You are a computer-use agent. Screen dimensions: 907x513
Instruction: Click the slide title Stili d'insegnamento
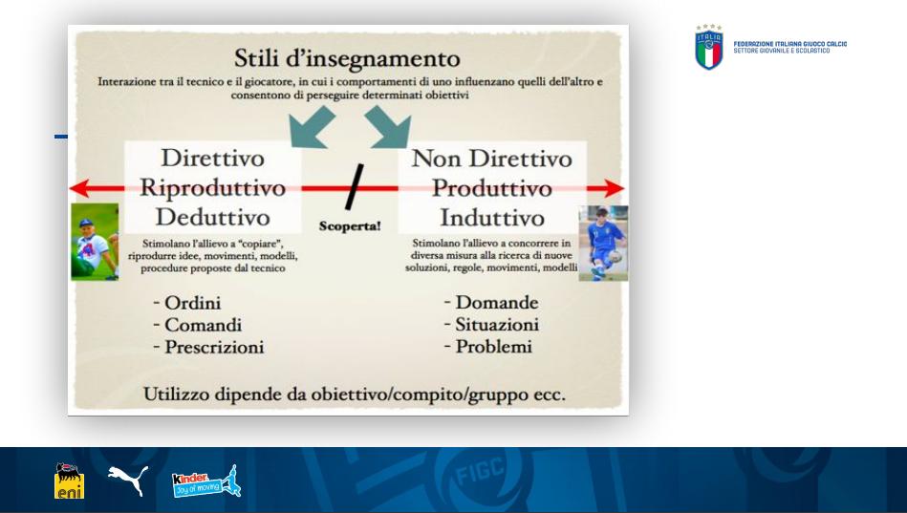coord(347,58)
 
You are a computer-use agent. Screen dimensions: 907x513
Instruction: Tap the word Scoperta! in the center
coord(350,225)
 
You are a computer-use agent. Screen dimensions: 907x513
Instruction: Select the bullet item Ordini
coord(193,303)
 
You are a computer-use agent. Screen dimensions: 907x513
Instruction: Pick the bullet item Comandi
coord(203,325)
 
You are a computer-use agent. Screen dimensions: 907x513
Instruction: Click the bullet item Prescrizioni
coord(214,347)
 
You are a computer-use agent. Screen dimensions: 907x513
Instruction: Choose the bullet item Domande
coord(497,302)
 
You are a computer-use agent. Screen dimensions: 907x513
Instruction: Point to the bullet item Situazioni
coord(497,324)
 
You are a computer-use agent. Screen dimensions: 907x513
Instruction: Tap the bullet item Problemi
coord(493,346)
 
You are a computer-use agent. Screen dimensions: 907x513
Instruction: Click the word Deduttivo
coord(213,217)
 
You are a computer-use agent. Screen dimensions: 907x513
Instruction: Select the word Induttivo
coord(492,218)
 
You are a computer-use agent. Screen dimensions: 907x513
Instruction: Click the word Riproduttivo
coord(213,187)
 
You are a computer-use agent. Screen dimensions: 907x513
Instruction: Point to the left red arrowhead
coord(79,188)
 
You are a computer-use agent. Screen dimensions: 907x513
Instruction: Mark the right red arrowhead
coord(614,188)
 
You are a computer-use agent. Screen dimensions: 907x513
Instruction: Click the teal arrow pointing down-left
coord(312,127)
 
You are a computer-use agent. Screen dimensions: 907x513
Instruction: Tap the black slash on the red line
coord(355,186)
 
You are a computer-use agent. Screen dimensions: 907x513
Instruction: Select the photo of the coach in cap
coord(95,242)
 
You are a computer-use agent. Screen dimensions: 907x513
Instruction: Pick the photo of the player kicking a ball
coord(603,244)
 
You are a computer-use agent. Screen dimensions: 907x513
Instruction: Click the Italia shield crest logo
coord(708,48)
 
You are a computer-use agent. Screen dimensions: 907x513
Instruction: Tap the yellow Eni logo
coord(70,481)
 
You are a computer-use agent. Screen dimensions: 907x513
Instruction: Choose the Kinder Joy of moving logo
coord(206,481)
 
